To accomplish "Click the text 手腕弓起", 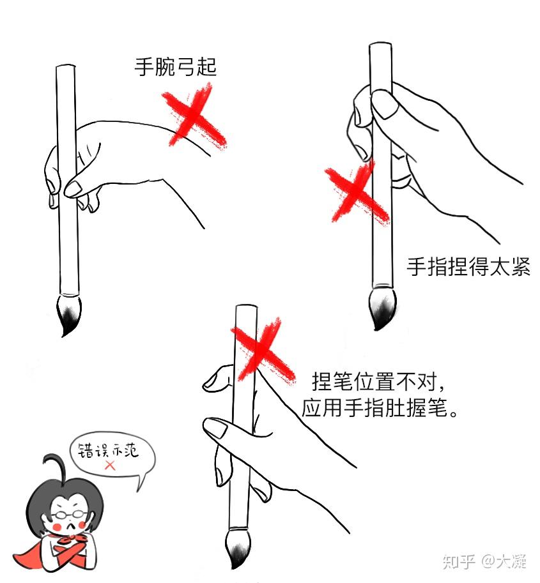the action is (175, 67).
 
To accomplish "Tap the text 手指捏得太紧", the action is (468, 266).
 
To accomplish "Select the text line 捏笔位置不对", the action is (374, 381).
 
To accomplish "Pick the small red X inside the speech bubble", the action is (110, 466).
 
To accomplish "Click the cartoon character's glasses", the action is (69, 515).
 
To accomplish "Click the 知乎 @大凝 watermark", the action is (484, 561).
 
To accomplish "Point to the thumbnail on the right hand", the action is (384, 103).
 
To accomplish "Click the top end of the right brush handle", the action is (380, 44).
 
